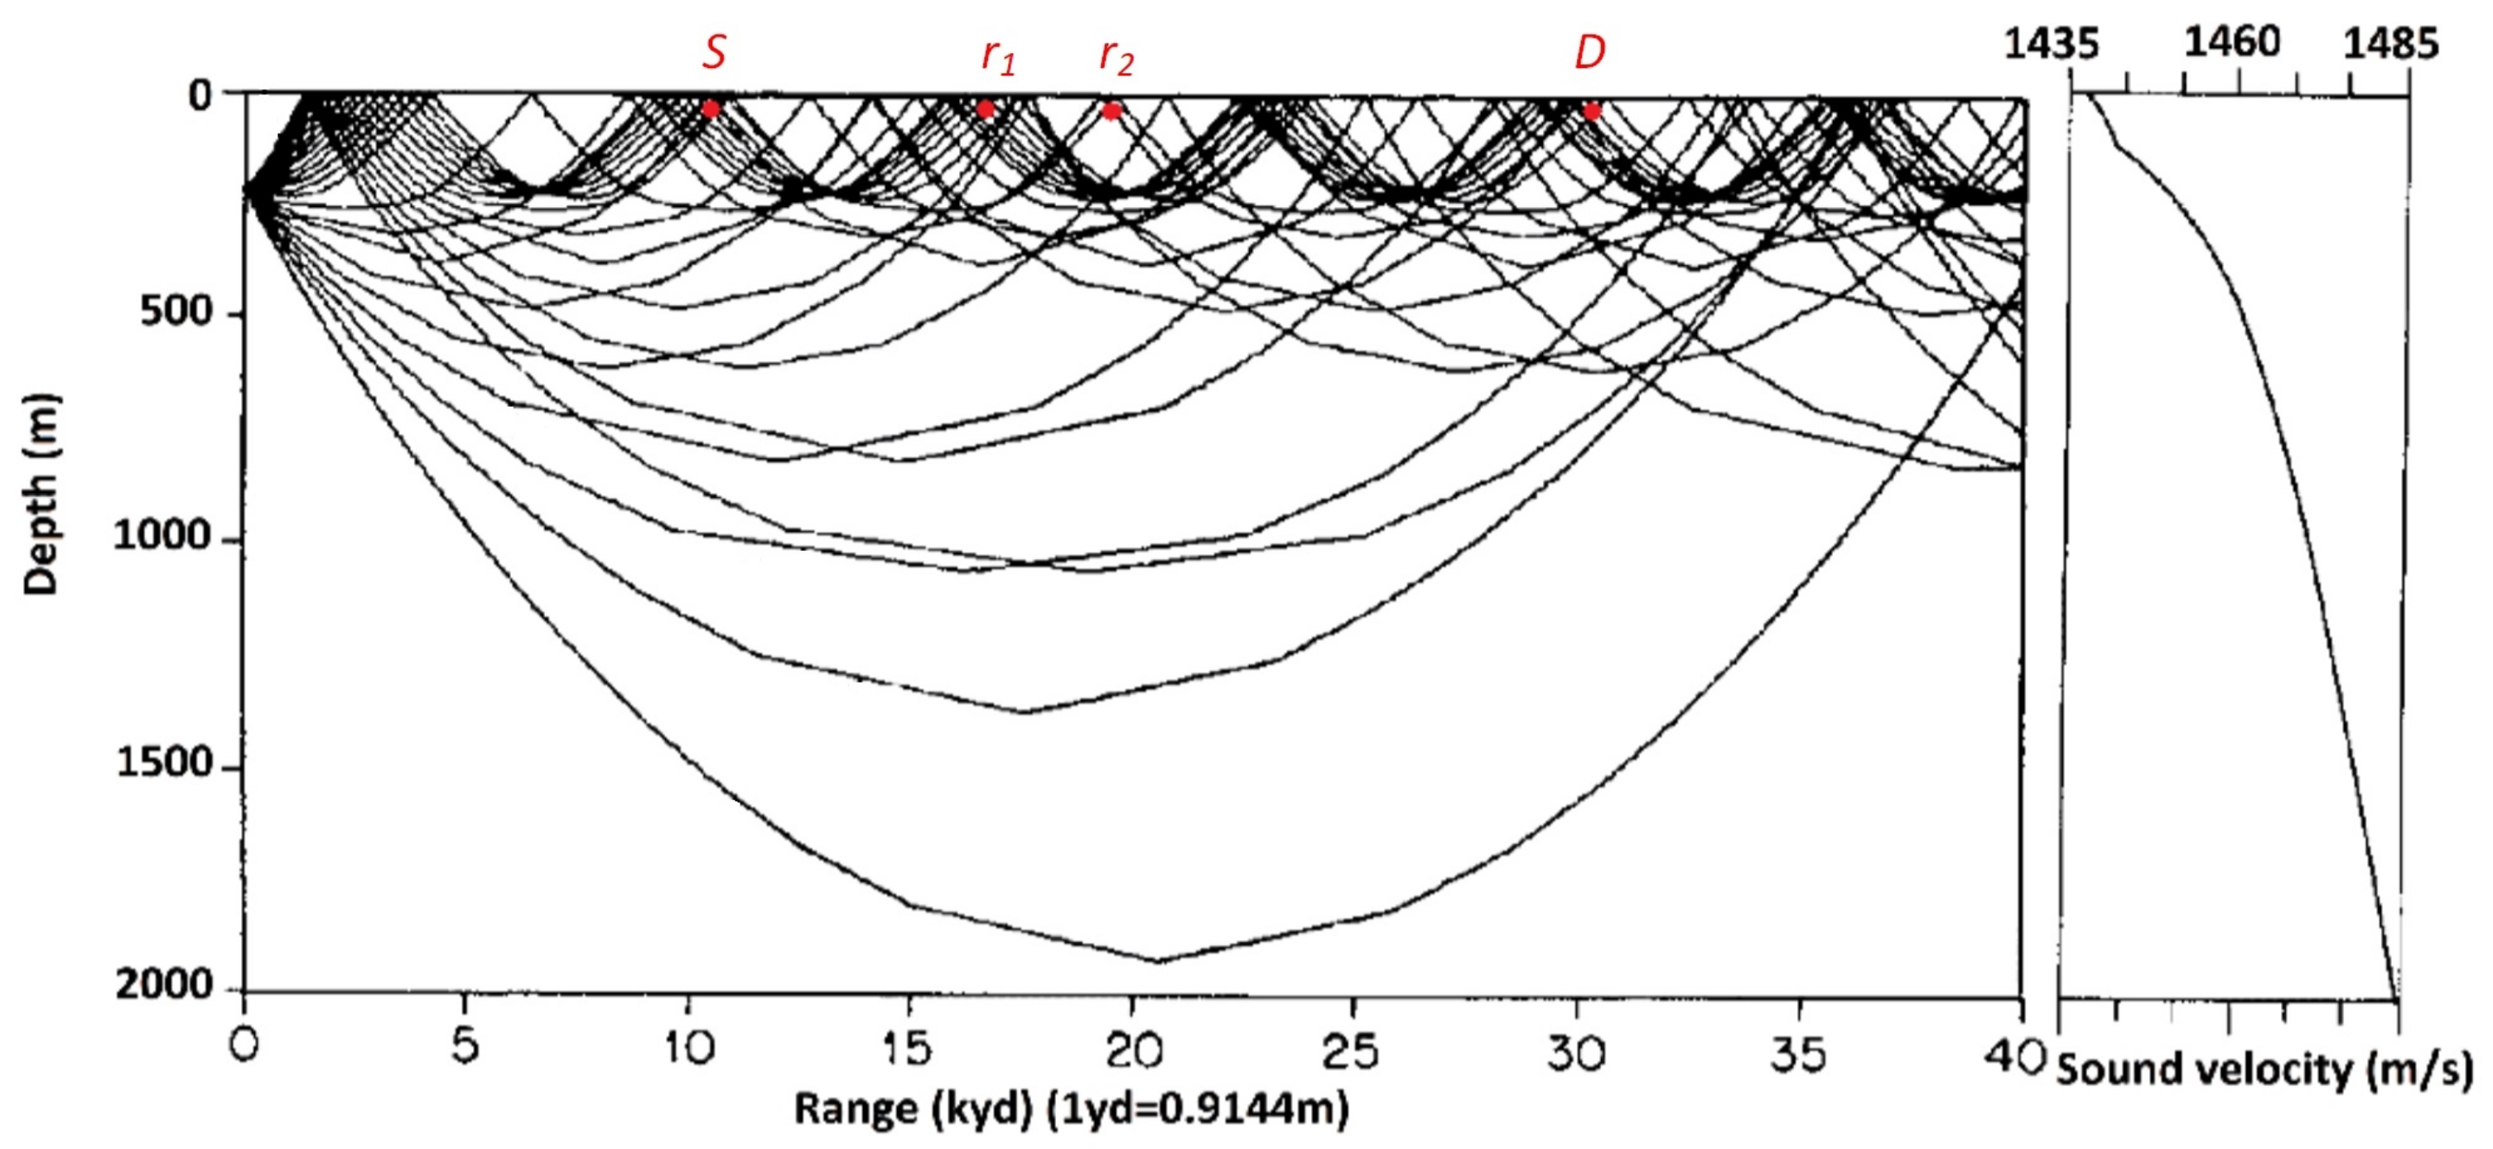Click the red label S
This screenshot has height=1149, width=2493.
coord(713,51)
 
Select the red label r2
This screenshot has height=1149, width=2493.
coord(1116,57)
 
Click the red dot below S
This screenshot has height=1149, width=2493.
coord(711,109)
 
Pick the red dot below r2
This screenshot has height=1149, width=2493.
coord(1112,111)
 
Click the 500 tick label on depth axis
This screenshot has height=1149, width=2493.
coord(175,311)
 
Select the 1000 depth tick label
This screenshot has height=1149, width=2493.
coord(162,535)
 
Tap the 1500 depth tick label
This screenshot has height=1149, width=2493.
coord(162,763)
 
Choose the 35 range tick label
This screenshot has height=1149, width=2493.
coord(1797,1053)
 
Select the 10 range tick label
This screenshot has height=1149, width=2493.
coord(688,1048)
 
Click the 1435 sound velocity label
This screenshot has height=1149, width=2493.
coord(2051,44)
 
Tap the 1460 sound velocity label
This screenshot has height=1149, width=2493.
coord(2232,41)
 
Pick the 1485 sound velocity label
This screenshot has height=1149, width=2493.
coord(2389,44)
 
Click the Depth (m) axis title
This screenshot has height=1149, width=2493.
coord(41,494)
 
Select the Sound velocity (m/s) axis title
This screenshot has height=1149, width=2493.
coord(2264,1070)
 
